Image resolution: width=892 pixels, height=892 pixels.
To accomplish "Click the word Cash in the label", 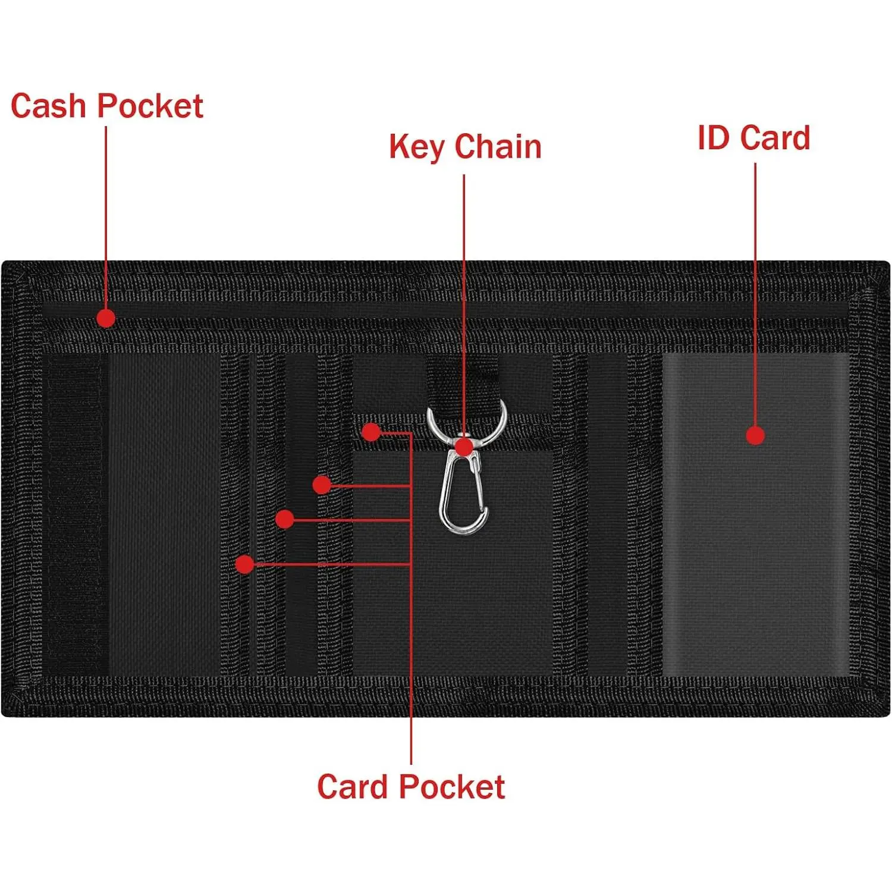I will click(x=49, y=107).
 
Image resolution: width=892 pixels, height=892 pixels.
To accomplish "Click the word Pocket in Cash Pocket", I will click(x=150, y=107).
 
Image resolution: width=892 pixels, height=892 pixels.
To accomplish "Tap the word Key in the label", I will click(x=416, y=147).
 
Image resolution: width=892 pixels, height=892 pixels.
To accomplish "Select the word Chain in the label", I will click(x=498, y=147).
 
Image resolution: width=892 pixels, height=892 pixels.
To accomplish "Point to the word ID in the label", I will click(x=713, y=138).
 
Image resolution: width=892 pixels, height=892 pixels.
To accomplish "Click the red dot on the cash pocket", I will click(x=106, y=318).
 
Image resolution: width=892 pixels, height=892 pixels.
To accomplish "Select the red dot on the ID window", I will click(x=755, y=435).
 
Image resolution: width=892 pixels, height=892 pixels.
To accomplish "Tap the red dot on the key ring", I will click(x=464, y=446).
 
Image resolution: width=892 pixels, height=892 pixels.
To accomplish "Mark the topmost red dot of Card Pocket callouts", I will click(x=371, y=432).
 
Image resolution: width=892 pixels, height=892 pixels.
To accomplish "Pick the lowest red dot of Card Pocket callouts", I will click(x=244, y=564).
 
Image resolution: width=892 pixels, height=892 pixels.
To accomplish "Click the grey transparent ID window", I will click(x=755, y=535).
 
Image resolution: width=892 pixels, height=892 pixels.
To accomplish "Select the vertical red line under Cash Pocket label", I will click(x=106, y=214).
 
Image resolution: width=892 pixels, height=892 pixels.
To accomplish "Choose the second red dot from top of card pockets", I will click(x=322, y=485).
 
